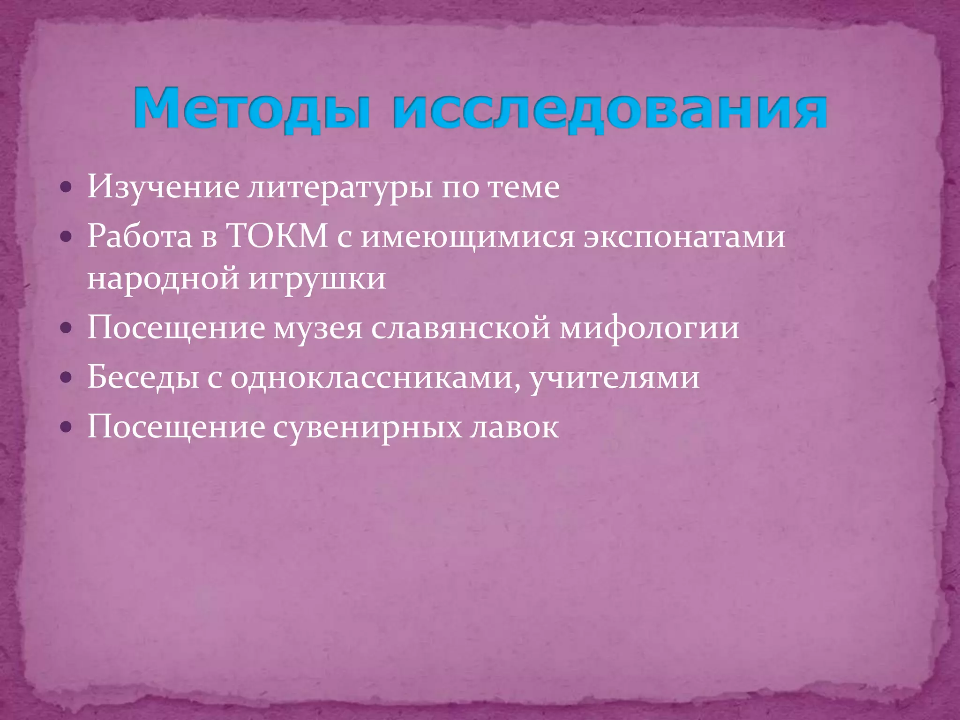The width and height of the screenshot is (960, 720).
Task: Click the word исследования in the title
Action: pyautogui.click(x=609, y=109)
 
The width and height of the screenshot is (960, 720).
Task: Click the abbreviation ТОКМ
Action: pyautogui.click(x=277, y=236)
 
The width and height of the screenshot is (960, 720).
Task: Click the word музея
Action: pyautogui.click(x=318, y=328)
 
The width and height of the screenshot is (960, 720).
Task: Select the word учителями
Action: pyautogui.click(x=615, y=378)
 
